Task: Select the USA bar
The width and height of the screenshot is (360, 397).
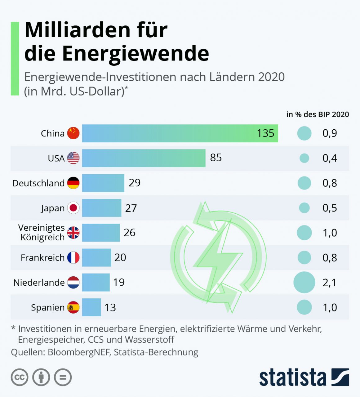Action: (144, 158)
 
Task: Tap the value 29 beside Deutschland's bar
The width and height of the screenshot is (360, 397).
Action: (135, 183)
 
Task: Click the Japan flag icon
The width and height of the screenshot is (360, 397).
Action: (73, 208)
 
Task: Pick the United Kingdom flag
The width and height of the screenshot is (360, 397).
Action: (73, 233)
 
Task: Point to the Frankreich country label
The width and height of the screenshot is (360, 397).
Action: (42, 258)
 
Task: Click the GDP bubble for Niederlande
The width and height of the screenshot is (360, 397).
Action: (304, 282)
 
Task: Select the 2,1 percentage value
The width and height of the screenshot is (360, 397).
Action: (330, 283)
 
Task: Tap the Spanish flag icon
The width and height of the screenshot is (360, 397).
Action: (73, 307)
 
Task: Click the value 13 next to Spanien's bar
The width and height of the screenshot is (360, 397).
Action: (110, 307)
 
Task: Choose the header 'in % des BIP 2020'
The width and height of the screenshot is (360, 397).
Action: (318, 114)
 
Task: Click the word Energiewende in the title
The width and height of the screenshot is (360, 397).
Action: (136, 53)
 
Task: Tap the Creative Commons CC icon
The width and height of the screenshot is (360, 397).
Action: (20, 377)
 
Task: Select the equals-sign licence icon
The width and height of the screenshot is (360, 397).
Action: (63, 377)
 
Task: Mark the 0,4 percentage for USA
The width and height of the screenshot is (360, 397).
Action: (330, 158)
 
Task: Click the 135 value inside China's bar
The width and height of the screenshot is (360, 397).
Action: (265, 133)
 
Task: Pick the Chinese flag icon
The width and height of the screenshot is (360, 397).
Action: (73, 133)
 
